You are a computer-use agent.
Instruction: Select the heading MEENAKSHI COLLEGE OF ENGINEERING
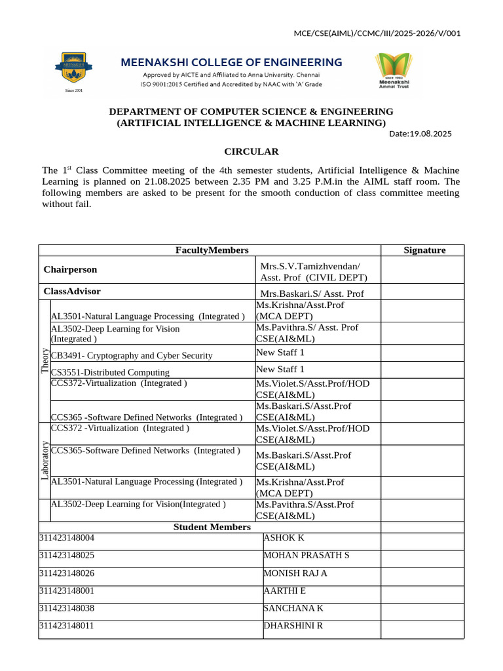click(231, 62)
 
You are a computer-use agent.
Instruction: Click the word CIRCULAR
click(251, 151)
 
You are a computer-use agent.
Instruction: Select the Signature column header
click(424, 250)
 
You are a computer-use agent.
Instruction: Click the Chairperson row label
click(70, 269)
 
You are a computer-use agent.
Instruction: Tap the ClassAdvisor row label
click(72, 292)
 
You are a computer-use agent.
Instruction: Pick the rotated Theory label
click(45, 360)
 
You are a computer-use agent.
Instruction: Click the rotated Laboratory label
click(45, 460)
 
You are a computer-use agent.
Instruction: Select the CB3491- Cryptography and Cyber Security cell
click(132, 356)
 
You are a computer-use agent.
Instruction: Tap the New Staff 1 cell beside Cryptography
click(280, 353)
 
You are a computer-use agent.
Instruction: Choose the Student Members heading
click(212, 527)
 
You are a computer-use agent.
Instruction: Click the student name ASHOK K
click(284, 538)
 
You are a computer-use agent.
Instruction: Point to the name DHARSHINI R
click(293, 625)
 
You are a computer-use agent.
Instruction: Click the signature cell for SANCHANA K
click(422, 608)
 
